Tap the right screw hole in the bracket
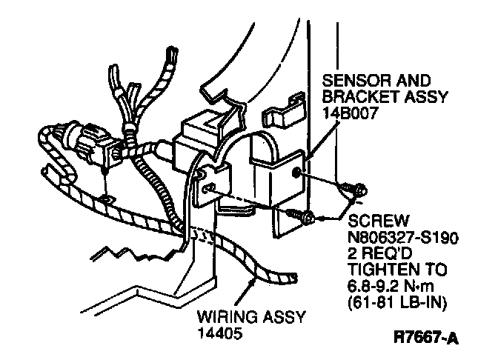(x=296, y=174)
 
